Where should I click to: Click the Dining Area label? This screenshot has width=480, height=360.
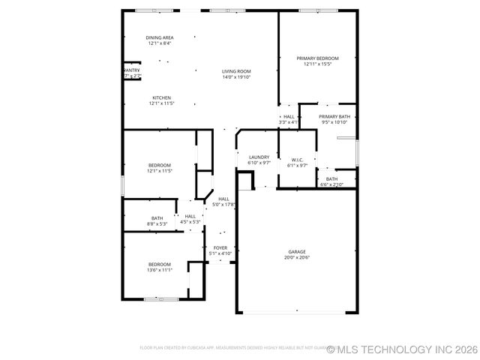[159, 37]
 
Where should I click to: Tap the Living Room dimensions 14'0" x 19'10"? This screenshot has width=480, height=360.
[236, 77]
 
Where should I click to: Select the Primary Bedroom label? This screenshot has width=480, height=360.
[317, 58]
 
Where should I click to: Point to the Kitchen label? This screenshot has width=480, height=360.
[161, 97]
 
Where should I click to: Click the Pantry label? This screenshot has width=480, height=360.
[131, 70]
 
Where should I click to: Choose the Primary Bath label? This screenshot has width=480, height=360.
[334, 117]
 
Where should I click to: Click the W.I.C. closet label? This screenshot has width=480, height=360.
[297, 160]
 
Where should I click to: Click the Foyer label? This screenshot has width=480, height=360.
[220, 247]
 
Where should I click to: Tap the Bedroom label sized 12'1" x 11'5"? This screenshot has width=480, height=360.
[160, 165]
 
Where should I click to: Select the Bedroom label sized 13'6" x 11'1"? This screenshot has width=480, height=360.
[160, 264]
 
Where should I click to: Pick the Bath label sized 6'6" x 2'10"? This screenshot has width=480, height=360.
[331, 178]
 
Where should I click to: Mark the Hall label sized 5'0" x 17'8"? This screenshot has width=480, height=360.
[223, 199]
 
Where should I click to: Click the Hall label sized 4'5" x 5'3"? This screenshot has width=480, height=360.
[190, 216]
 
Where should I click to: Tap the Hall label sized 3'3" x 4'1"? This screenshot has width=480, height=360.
[289, 117]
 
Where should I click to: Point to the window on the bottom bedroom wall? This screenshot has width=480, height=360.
[161, 299]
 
